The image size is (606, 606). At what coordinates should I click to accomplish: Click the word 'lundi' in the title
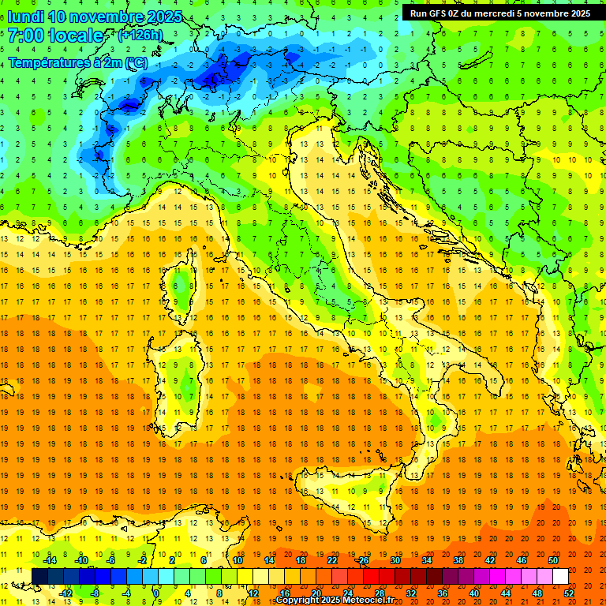[x=25, y=17]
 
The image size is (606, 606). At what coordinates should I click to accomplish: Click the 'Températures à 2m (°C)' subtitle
[x=77, y=62]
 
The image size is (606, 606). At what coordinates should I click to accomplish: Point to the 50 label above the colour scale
[x=553, y=560]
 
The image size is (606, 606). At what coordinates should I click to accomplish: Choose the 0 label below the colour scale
[x=156, y=593]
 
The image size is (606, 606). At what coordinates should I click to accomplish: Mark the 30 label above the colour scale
[x=395, y=560]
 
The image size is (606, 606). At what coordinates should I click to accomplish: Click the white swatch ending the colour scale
[x=560, y=577]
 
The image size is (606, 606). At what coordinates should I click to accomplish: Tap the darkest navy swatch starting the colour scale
[x=39, y=577]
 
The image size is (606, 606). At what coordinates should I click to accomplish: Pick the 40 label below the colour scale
[x=475, y=593]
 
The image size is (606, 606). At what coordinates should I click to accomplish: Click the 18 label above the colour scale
[x=301, y=560]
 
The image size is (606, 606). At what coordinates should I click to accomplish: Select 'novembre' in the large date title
[x=107, y=17]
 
